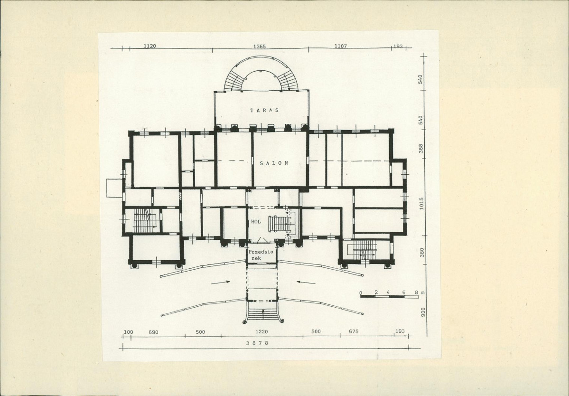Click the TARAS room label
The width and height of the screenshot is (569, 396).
[x=264, y=110]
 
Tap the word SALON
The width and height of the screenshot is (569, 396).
[x=274, y=163]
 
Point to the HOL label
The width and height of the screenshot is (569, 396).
[x=255, y=221]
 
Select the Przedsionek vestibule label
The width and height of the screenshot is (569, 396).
[x=261, y=255]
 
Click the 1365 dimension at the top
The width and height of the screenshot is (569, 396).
[x=260, y=47]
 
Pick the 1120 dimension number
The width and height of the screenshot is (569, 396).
[x=149, y=46]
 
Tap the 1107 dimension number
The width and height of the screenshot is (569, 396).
[x=340, y=46]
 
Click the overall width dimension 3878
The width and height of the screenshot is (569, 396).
[x=257, y=343]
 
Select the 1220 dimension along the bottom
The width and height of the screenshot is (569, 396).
[x=261, y=332]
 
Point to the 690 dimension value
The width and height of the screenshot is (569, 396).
[x=153, y=332]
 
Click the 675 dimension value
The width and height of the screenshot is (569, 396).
[x=354, y=331]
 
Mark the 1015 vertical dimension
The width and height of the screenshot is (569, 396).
[x=422, y=203]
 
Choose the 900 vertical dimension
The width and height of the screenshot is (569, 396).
[x=423, y=312]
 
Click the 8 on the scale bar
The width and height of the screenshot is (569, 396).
[x=416, y=292]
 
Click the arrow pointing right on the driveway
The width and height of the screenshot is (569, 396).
[x=220, y=282]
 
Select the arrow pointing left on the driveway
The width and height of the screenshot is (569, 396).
[x=306, y=282]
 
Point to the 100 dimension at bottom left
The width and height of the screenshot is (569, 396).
[x=129, y=332]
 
